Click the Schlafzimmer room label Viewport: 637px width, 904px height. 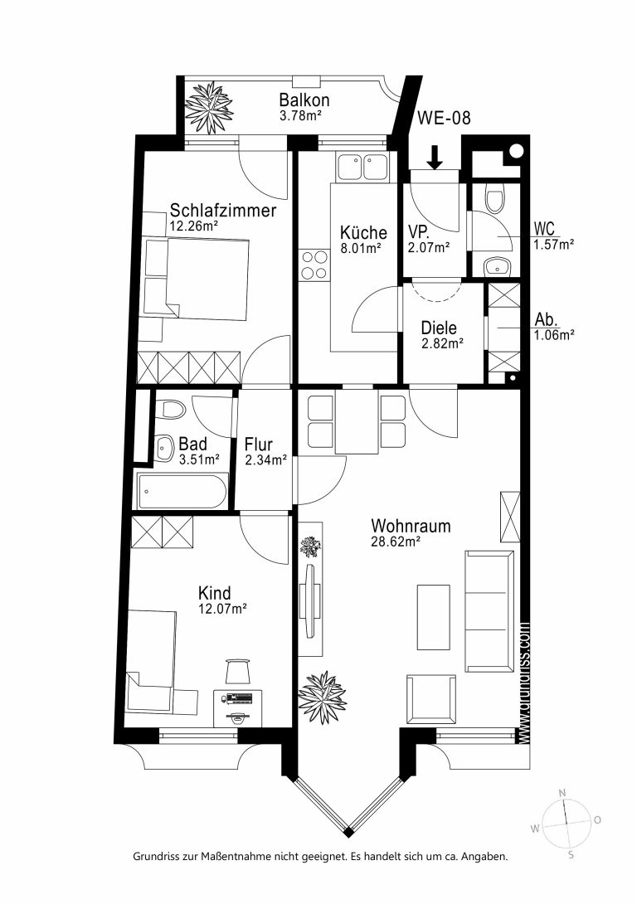coord(222,210)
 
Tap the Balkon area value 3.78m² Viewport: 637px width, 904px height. coord(299,115)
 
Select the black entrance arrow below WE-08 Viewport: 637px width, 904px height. coord(435,157)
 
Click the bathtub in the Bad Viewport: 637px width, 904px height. coord(182,491)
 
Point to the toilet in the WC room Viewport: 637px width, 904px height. coord(495,197)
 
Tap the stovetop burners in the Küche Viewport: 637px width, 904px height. coord(314,265)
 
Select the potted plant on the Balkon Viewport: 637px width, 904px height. coord(209,107)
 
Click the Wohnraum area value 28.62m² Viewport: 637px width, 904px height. coord(396,542)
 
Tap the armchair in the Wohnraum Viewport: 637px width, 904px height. coord(430,699)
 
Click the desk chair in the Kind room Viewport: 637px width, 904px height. coord(238,672)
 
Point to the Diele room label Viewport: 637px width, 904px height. coord(439,328)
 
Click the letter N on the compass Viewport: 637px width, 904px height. coord(562,794)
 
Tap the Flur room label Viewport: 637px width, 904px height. coord(258,445)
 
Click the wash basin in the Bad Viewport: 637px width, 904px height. coord(165,447)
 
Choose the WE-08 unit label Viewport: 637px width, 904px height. coord(444,118)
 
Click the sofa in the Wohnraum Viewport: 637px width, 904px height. coord(489,611)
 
